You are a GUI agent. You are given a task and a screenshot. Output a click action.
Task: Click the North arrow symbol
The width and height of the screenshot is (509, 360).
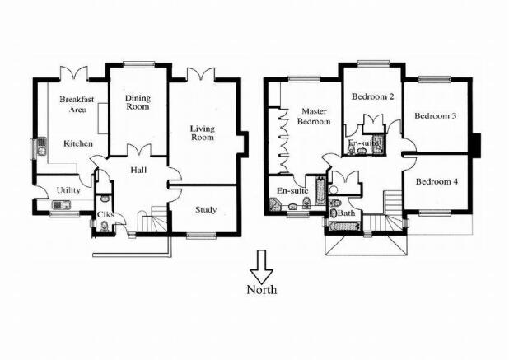click(262, 267)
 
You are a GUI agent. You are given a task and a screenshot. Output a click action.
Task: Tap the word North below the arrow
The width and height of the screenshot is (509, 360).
click(262, 289)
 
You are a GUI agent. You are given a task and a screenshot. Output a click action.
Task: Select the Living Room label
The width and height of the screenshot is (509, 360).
click(203, 133)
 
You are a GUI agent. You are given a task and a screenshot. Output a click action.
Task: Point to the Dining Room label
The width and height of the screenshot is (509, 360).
click(138, 102)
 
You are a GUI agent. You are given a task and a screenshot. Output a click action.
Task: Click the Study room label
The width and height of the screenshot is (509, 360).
click(206, 210)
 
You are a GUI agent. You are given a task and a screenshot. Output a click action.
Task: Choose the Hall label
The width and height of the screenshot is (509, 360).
click(138, 170)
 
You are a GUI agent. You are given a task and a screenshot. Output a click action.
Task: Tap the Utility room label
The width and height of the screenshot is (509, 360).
click(68, 190)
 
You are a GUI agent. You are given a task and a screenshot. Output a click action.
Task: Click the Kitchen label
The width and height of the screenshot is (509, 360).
click(78, 143)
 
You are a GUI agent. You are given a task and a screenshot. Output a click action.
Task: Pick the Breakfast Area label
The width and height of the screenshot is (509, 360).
click(77, 104)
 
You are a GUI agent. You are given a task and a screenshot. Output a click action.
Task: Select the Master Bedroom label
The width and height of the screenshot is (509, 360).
click(314, 116)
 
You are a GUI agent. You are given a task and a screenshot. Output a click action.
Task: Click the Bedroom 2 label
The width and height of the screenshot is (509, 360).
click(373, 96)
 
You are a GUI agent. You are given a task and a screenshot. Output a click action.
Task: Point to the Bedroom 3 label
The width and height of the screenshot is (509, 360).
click(436, 116)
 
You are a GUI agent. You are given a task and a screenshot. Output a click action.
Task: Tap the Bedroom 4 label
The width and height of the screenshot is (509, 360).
click(437, 181)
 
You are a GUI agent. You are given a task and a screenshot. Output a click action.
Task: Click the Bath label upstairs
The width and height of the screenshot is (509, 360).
click(347, 213)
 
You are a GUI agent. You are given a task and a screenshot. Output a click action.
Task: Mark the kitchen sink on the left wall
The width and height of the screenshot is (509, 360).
click(41, 147)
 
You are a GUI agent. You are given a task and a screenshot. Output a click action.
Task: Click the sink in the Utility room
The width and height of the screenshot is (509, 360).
click(61, 205)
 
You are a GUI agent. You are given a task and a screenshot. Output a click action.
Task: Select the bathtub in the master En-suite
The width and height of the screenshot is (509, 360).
click(320, 191)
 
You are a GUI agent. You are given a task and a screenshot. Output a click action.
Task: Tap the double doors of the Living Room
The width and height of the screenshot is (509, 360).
click(201, 73)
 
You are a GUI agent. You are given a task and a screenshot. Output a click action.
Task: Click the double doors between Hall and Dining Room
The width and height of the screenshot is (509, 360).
click(138, 150)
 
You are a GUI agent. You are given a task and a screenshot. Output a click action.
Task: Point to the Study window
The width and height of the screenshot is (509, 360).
click(201, 236)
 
